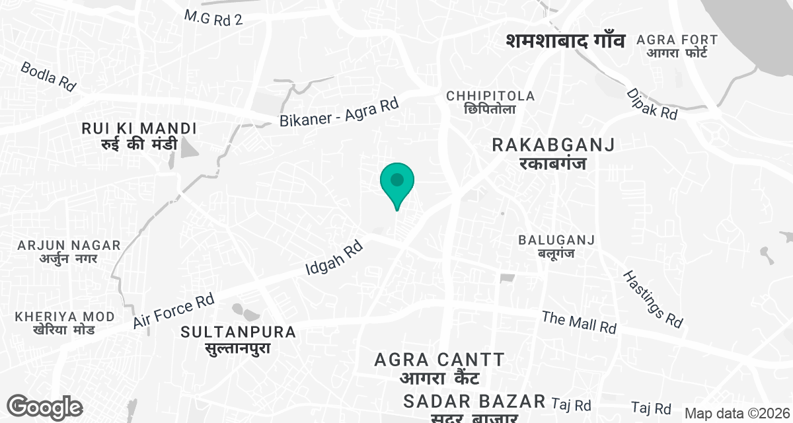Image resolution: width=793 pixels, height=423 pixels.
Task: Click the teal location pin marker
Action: pos(397,182)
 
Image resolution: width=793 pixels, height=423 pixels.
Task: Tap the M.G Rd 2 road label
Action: pos(213,18)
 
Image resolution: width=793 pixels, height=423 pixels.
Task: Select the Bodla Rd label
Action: pos(48,76)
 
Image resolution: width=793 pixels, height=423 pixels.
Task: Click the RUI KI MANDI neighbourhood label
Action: pos(139,136)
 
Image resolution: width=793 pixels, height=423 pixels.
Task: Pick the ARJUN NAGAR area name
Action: pos(69,251)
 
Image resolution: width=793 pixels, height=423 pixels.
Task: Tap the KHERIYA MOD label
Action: pos(65,323)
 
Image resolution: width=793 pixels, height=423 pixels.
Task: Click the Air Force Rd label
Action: pos(174,311)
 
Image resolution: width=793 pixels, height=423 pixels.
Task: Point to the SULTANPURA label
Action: pos(239,339)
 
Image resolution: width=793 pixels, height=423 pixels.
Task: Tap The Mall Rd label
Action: pos(579,322)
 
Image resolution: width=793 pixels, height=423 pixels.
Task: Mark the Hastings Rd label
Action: pos(653,298)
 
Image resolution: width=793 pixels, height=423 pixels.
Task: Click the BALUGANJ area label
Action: pos(557,245)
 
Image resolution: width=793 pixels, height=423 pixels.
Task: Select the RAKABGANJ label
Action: pos(554,153)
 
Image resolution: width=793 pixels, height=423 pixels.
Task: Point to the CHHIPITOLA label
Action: pos(490,102)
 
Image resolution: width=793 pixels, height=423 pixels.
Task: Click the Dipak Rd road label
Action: pos(652,104)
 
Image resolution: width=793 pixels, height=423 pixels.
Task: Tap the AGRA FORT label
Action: pos(677,46)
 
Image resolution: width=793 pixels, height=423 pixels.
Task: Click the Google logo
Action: pos(44,407)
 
